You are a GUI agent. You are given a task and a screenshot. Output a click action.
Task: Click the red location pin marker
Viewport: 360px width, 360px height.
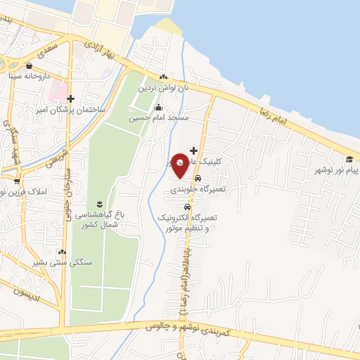point(179,165)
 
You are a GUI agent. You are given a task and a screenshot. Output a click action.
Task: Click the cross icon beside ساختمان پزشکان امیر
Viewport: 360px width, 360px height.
point(71,100)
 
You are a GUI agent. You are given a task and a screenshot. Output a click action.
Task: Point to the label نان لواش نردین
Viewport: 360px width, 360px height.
point(163,88)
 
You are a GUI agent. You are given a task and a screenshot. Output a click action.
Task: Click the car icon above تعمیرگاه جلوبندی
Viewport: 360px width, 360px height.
point(197,179)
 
